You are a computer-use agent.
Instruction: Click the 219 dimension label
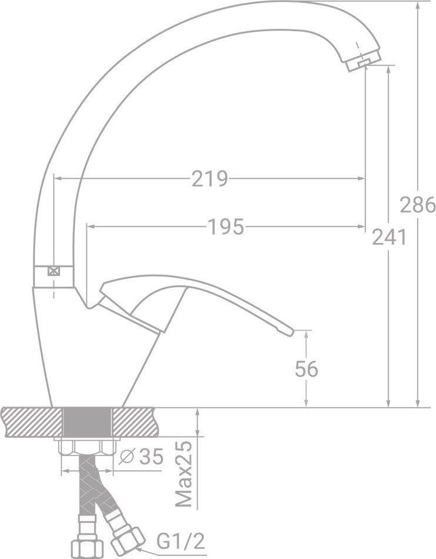209,179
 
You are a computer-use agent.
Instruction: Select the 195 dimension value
226,227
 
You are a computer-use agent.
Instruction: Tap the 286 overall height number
417,205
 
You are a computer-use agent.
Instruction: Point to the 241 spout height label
390,237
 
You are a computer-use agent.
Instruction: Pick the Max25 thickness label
184,474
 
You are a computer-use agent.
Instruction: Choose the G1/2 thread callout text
181,541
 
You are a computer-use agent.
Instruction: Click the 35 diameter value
151,457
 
